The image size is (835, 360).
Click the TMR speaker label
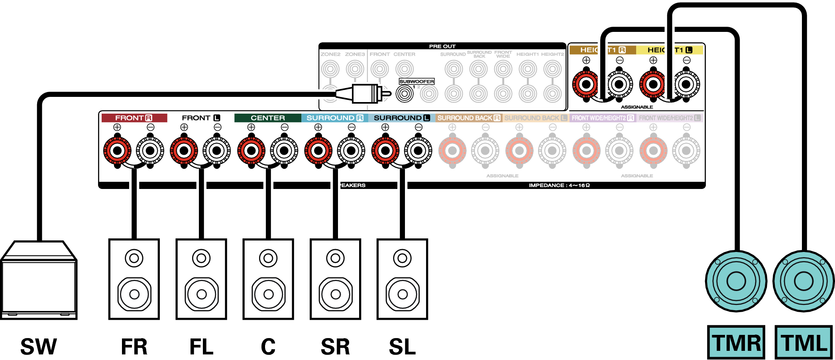coord(736,342)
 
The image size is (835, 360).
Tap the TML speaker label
coord(804,342)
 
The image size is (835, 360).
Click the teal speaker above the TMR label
coord(736,281)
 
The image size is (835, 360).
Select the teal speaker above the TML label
coord(804,281)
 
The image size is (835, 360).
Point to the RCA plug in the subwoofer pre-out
coord(365,94)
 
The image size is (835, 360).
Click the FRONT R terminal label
coord(134,118)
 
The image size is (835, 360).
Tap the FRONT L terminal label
coord(201,118)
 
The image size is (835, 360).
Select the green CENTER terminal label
coord(268,118)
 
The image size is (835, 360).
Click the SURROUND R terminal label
coord(335,118)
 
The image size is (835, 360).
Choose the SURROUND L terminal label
coord(402,118)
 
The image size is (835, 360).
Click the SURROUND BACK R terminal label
coord(469,118)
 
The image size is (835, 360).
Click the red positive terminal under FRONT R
coord(117,151)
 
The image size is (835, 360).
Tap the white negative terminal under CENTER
coord(284,151)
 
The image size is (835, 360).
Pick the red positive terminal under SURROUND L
coord(385,151)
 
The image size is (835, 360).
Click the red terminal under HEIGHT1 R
coord(586,85)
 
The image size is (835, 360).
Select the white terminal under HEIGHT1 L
coord(686,85)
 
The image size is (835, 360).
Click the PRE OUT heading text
coord(442,46)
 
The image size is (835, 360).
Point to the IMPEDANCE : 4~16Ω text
coord(559,185)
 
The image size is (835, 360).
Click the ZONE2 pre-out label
coord(330,54)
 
